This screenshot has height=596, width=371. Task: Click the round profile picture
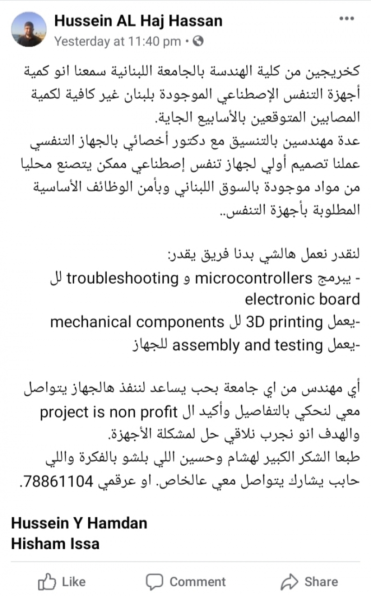coord(29,29)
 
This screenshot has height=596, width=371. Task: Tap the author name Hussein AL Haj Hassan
coord(138,20)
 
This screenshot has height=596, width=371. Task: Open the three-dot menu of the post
coord(346,19)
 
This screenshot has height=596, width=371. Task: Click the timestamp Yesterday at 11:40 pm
coord(117,41)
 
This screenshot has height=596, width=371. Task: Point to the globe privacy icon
coord(198,41)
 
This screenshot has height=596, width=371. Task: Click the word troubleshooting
coord(122,278)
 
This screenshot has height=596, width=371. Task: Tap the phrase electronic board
coord(302,299)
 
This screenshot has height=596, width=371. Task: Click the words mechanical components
coord(137,321)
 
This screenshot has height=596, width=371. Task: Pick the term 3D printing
coord(284,321)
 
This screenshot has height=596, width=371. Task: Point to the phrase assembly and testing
coord(247,344)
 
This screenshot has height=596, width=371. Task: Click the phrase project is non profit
coord(109,411)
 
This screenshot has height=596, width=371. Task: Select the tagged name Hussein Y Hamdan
coord(79,523)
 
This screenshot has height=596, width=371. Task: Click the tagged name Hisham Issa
coord(55,543)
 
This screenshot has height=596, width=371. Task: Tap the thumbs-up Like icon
coord(47,581)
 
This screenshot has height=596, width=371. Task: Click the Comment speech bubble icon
coord(154,581)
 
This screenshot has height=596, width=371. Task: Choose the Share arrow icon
coord(289,581)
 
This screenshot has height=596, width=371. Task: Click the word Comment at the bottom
coord(198,582)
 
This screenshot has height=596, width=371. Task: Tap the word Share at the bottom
coord(321,582)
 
